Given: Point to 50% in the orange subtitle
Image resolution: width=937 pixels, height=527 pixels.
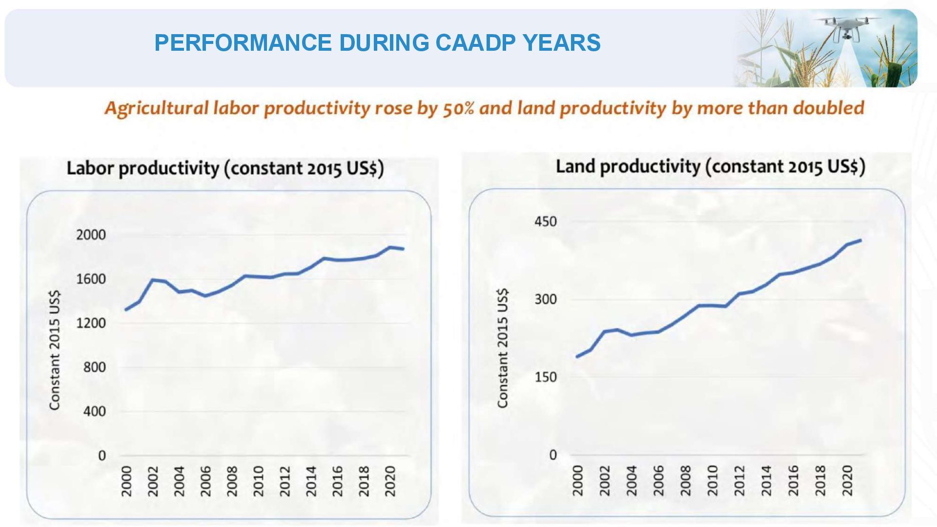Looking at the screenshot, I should (x=458, y=108).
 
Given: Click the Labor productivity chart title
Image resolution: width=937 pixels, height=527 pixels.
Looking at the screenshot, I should (x=225, y=168).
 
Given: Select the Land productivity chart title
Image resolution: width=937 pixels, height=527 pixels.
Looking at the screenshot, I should (x=710, y=166).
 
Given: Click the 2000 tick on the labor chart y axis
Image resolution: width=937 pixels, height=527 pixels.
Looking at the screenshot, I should (x=91, y=235).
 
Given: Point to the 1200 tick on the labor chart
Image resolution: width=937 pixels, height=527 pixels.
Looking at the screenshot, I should (x=91, y=323).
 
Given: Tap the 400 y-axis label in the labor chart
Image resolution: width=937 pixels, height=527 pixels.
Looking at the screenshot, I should (x=94, y=411).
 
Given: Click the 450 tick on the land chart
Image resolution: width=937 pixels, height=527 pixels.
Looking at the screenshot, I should (x=545, y=222).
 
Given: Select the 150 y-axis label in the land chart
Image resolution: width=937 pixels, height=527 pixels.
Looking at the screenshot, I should (x=545, y=377).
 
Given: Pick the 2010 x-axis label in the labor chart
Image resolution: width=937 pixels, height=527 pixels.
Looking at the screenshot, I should (x=259, y=481).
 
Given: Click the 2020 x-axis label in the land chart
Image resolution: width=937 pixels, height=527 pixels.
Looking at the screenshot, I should (x=847, y=481).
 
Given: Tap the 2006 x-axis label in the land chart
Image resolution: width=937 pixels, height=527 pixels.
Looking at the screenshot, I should (x=659, y=481).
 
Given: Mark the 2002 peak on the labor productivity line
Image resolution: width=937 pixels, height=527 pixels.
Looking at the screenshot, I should (x=153, y=280).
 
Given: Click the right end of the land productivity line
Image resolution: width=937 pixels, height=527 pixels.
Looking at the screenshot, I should (x=860, y=240).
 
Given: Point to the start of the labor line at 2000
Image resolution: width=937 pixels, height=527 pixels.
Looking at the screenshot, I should (x=126, y=310).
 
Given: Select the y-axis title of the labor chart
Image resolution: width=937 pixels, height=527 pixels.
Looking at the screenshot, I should (x=55, y=350).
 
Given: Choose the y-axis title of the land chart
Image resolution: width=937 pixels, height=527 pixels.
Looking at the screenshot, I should (x=503, y=348).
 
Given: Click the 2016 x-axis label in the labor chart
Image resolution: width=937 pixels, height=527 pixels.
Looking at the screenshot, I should (x=338, y=481).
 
